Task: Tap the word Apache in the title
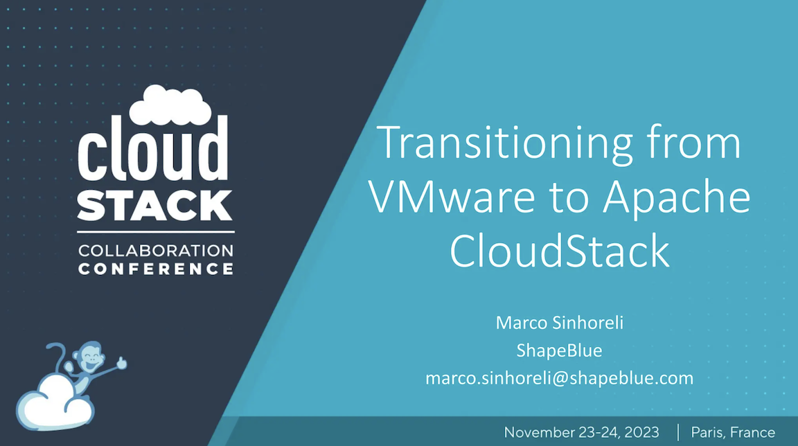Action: (x=676, y=198)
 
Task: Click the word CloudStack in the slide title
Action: (x=560, y=251)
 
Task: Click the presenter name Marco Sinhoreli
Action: (x=560, y=323)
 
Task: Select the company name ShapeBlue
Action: (x=560, y=350)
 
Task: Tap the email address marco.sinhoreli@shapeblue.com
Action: (x=560, y=378)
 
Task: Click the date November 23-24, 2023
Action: (x=581, y=432)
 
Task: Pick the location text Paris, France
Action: (x=733, y=432)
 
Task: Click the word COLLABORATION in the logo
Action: (x=156, y=250)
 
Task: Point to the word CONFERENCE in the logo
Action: (x=156, y=268)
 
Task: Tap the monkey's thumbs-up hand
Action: (x=123, y=362)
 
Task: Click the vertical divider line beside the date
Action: (x=677, y=432)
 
